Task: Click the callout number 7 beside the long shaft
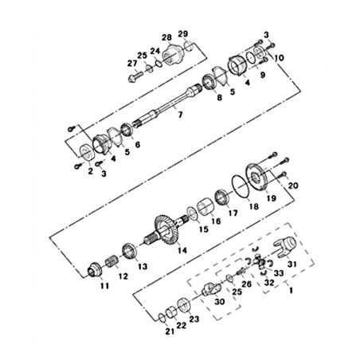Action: click(x=180, y=115)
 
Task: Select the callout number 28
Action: click(x=167, y=37)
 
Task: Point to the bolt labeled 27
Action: click(x=135, y=77)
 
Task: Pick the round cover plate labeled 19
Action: click(x=258, y=177)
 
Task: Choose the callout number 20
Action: click(x=293, y=186)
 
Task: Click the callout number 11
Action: click(x=104, y=286)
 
